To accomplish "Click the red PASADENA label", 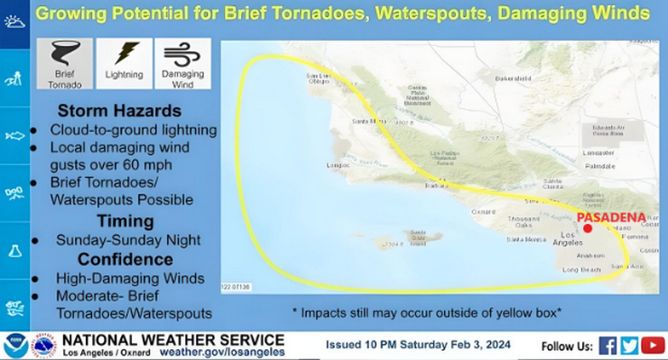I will pos(611,217).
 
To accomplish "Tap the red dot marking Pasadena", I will pos(588,229).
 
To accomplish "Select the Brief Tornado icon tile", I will pos(64,63).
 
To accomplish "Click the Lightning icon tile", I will pos(124,63).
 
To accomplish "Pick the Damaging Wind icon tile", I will pos(182,63).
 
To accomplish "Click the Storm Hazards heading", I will pos(119,111).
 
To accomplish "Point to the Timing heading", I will pos(125,221).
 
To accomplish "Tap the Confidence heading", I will pos(125,260).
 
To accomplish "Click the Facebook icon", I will pos(608,346).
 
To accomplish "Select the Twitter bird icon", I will pos(629,346).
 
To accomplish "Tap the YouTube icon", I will pos(653,346).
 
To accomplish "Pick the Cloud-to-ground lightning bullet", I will pos(133,130).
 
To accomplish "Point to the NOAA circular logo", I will pos(15,346).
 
